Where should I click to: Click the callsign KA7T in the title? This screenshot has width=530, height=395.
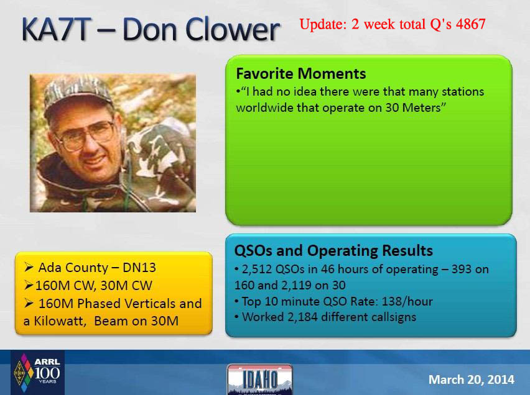pos(56,29)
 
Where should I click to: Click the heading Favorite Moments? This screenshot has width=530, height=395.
pos(301,74)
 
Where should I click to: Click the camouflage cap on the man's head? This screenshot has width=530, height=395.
pos(78,93)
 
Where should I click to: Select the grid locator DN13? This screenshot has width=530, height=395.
pos(139,268)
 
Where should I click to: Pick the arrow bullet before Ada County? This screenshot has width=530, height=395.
pos(29,268)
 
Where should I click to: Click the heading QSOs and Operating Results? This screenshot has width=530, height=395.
pos(333,250)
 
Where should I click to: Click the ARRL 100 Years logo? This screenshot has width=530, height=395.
pos(37,373)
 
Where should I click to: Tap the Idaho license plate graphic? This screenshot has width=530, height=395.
pos(259,379)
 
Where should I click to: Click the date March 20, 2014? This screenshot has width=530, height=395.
pos(472,379)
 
